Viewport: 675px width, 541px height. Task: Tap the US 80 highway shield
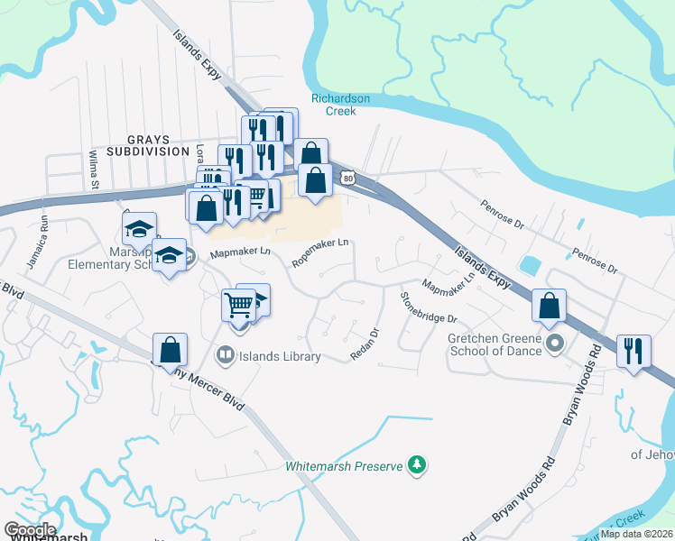pos(347,179)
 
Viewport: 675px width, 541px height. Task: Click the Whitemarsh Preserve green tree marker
pos(417,465)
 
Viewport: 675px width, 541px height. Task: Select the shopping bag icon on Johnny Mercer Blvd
pos(170,349)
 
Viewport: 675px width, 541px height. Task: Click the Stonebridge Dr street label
pos(430,307)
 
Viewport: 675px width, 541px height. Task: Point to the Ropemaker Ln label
pos(320,252)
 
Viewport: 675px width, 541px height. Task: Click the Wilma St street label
pos(93,168)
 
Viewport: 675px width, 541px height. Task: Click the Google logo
pos(30,530)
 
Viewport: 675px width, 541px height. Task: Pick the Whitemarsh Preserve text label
pos(343,466)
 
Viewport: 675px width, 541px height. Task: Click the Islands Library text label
pos(279,356)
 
